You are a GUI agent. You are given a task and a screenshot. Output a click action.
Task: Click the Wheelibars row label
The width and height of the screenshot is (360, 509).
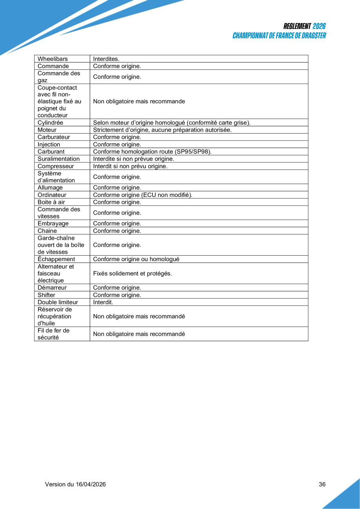click(52, 59)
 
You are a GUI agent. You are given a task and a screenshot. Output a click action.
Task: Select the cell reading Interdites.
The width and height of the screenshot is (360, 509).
click(106, 59)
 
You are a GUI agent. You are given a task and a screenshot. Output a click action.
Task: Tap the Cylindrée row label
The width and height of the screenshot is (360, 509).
click(50, 123)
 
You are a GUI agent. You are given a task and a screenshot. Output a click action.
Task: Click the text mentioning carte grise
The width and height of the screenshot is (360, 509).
click(172, 123)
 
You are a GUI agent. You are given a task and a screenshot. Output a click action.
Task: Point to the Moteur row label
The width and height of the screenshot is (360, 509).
click(47, 130)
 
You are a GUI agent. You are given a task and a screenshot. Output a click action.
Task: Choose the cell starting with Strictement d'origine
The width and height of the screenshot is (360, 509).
click(162, 130)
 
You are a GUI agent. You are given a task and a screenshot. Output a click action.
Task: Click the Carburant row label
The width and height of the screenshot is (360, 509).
click(51, 152)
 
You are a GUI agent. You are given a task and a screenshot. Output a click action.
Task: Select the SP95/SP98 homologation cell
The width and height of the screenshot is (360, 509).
click(152, 152)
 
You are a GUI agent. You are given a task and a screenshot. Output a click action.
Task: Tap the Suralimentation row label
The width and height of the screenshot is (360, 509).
click(58, 159)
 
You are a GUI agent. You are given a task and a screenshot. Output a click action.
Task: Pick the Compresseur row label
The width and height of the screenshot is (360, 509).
click(56, 166)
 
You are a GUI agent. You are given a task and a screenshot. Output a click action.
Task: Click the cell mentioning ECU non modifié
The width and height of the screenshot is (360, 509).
click(143, 195)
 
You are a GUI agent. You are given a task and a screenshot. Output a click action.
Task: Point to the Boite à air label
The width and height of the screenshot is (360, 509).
click(51, 202)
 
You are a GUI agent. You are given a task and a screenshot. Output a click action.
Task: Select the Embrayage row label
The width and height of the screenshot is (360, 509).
click(53, 224)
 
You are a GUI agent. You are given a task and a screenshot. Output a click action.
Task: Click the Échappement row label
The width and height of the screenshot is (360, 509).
click(56, 259)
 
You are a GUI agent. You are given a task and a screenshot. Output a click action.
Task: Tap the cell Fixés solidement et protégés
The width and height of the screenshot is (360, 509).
click(132, 273)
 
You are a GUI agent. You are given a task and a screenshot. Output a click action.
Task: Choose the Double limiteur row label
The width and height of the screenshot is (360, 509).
click(58, 302)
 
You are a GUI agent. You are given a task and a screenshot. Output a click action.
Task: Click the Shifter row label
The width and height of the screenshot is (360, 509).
click(46, 295)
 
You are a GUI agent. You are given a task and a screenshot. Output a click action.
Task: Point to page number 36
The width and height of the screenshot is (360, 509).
click(322, 484)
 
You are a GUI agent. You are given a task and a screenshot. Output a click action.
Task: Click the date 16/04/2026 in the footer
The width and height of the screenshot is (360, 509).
click(90, 484)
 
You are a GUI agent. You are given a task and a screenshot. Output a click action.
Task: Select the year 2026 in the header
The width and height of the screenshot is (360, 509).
click(319, 26)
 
